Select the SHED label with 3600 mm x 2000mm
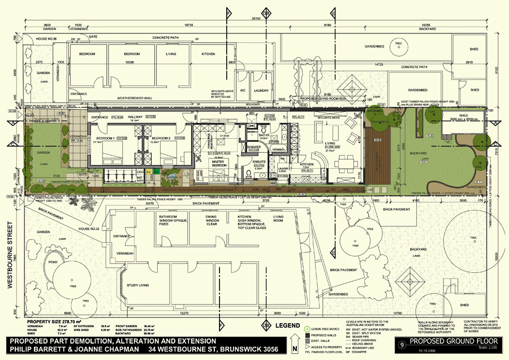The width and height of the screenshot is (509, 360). tap(461, 115)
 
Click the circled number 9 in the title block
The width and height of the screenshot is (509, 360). tap(402, 343)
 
